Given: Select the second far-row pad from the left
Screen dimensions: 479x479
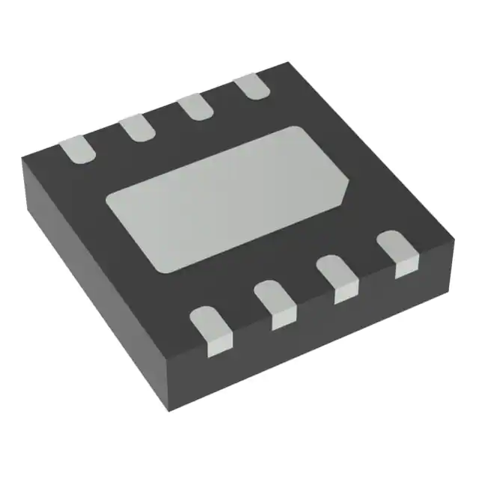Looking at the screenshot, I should pyautogui.click(x=137, y=126).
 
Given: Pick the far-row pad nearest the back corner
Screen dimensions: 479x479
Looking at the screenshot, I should pyautogui.click(x=251, y=86).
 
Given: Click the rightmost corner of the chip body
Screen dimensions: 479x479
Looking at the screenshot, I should pyautogui.click(x=455, y=238).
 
